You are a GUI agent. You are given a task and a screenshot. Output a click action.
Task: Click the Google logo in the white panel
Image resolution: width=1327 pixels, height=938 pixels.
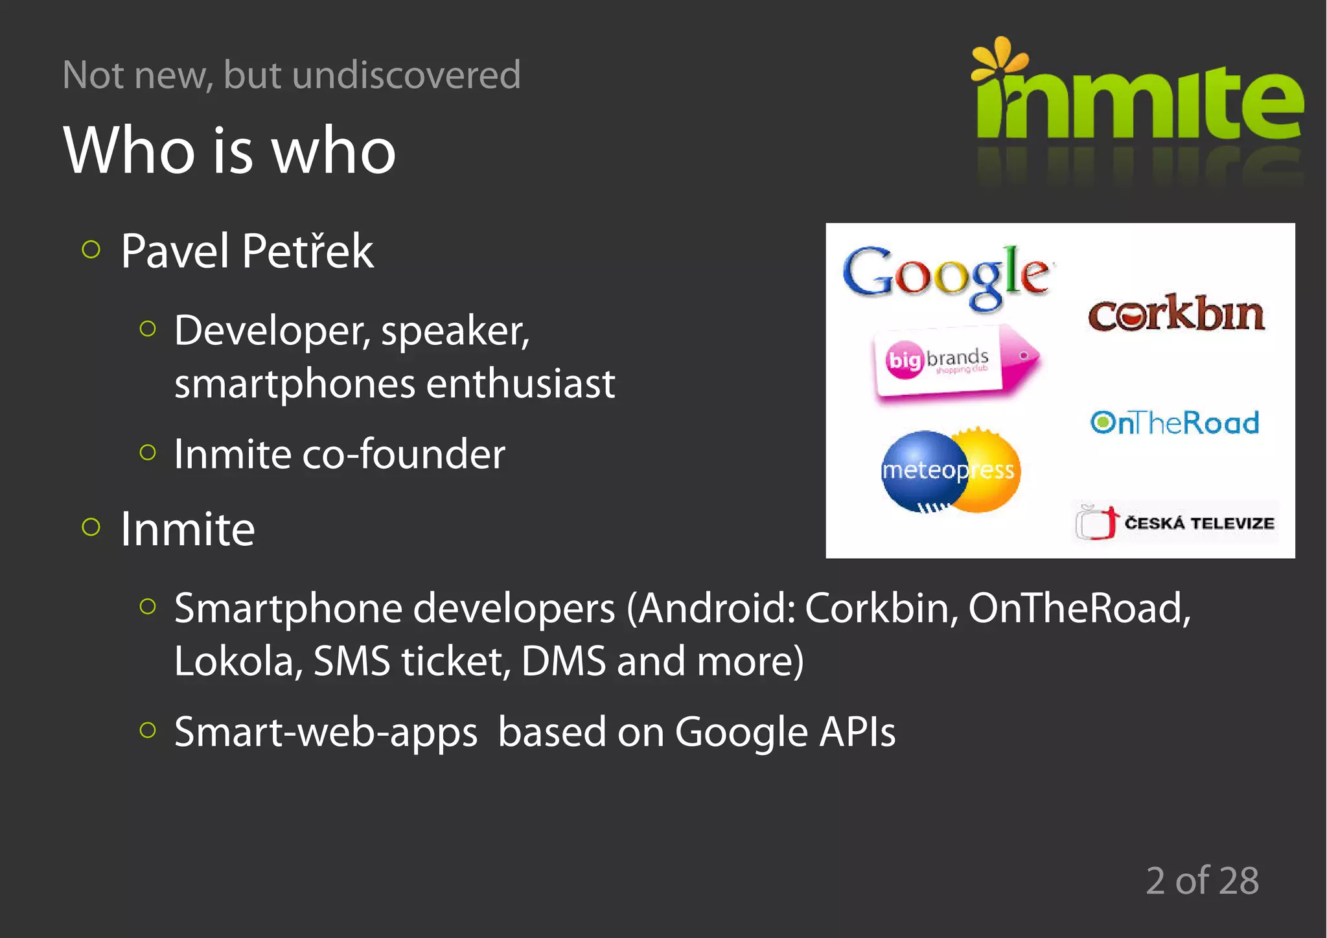coord(946,276)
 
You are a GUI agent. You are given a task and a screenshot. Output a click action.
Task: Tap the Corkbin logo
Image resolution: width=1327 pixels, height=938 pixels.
coord(1176,314)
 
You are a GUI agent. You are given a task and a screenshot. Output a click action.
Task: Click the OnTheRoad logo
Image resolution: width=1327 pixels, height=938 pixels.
coord(1174,423)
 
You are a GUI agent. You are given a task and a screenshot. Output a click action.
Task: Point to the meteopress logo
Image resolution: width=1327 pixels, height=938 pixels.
coord(950,470)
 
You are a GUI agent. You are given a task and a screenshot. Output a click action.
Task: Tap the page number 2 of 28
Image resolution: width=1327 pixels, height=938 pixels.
coord(1202,880)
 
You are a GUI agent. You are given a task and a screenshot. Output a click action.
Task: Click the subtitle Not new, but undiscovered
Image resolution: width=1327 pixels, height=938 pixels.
coord(292,75)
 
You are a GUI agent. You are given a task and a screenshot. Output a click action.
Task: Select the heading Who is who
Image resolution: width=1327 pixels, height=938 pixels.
coord(229,150)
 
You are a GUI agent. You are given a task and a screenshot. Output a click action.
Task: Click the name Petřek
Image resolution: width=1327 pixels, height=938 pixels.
coord(308,251)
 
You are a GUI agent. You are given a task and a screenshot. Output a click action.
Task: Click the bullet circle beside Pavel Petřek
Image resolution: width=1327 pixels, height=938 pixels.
coord(91,250)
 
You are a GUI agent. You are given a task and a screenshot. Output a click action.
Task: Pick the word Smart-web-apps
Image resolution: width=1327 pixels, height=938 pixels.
coord(326,733)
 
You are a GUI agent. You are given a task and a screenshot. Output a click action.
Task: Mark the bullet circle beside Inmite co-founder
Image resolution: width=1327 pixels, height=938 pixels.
coord(148,452)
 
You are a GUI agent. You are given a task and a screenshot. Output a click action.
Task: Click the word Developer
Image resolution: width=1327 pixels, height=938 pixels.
coord(272,331)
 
